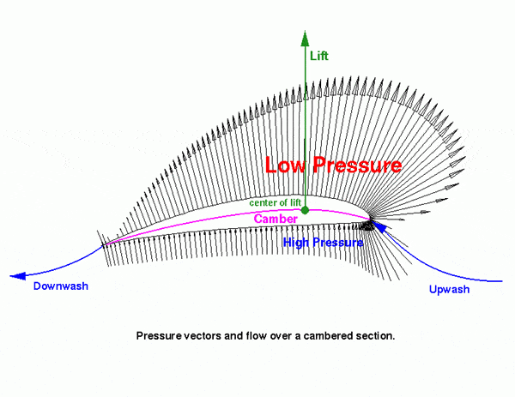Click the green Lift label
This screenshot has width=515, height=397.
point(318,56)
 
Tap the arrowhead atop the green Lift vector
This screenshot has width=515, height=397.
point(305,35)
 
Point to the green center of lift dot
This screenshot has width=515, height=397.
point(305,209)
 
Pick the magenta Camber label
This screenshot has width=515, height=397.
point(275,219)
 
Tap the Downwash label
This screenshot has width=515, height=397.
point(61,286)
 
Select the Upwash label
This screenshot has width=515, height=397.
point(449,289)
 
